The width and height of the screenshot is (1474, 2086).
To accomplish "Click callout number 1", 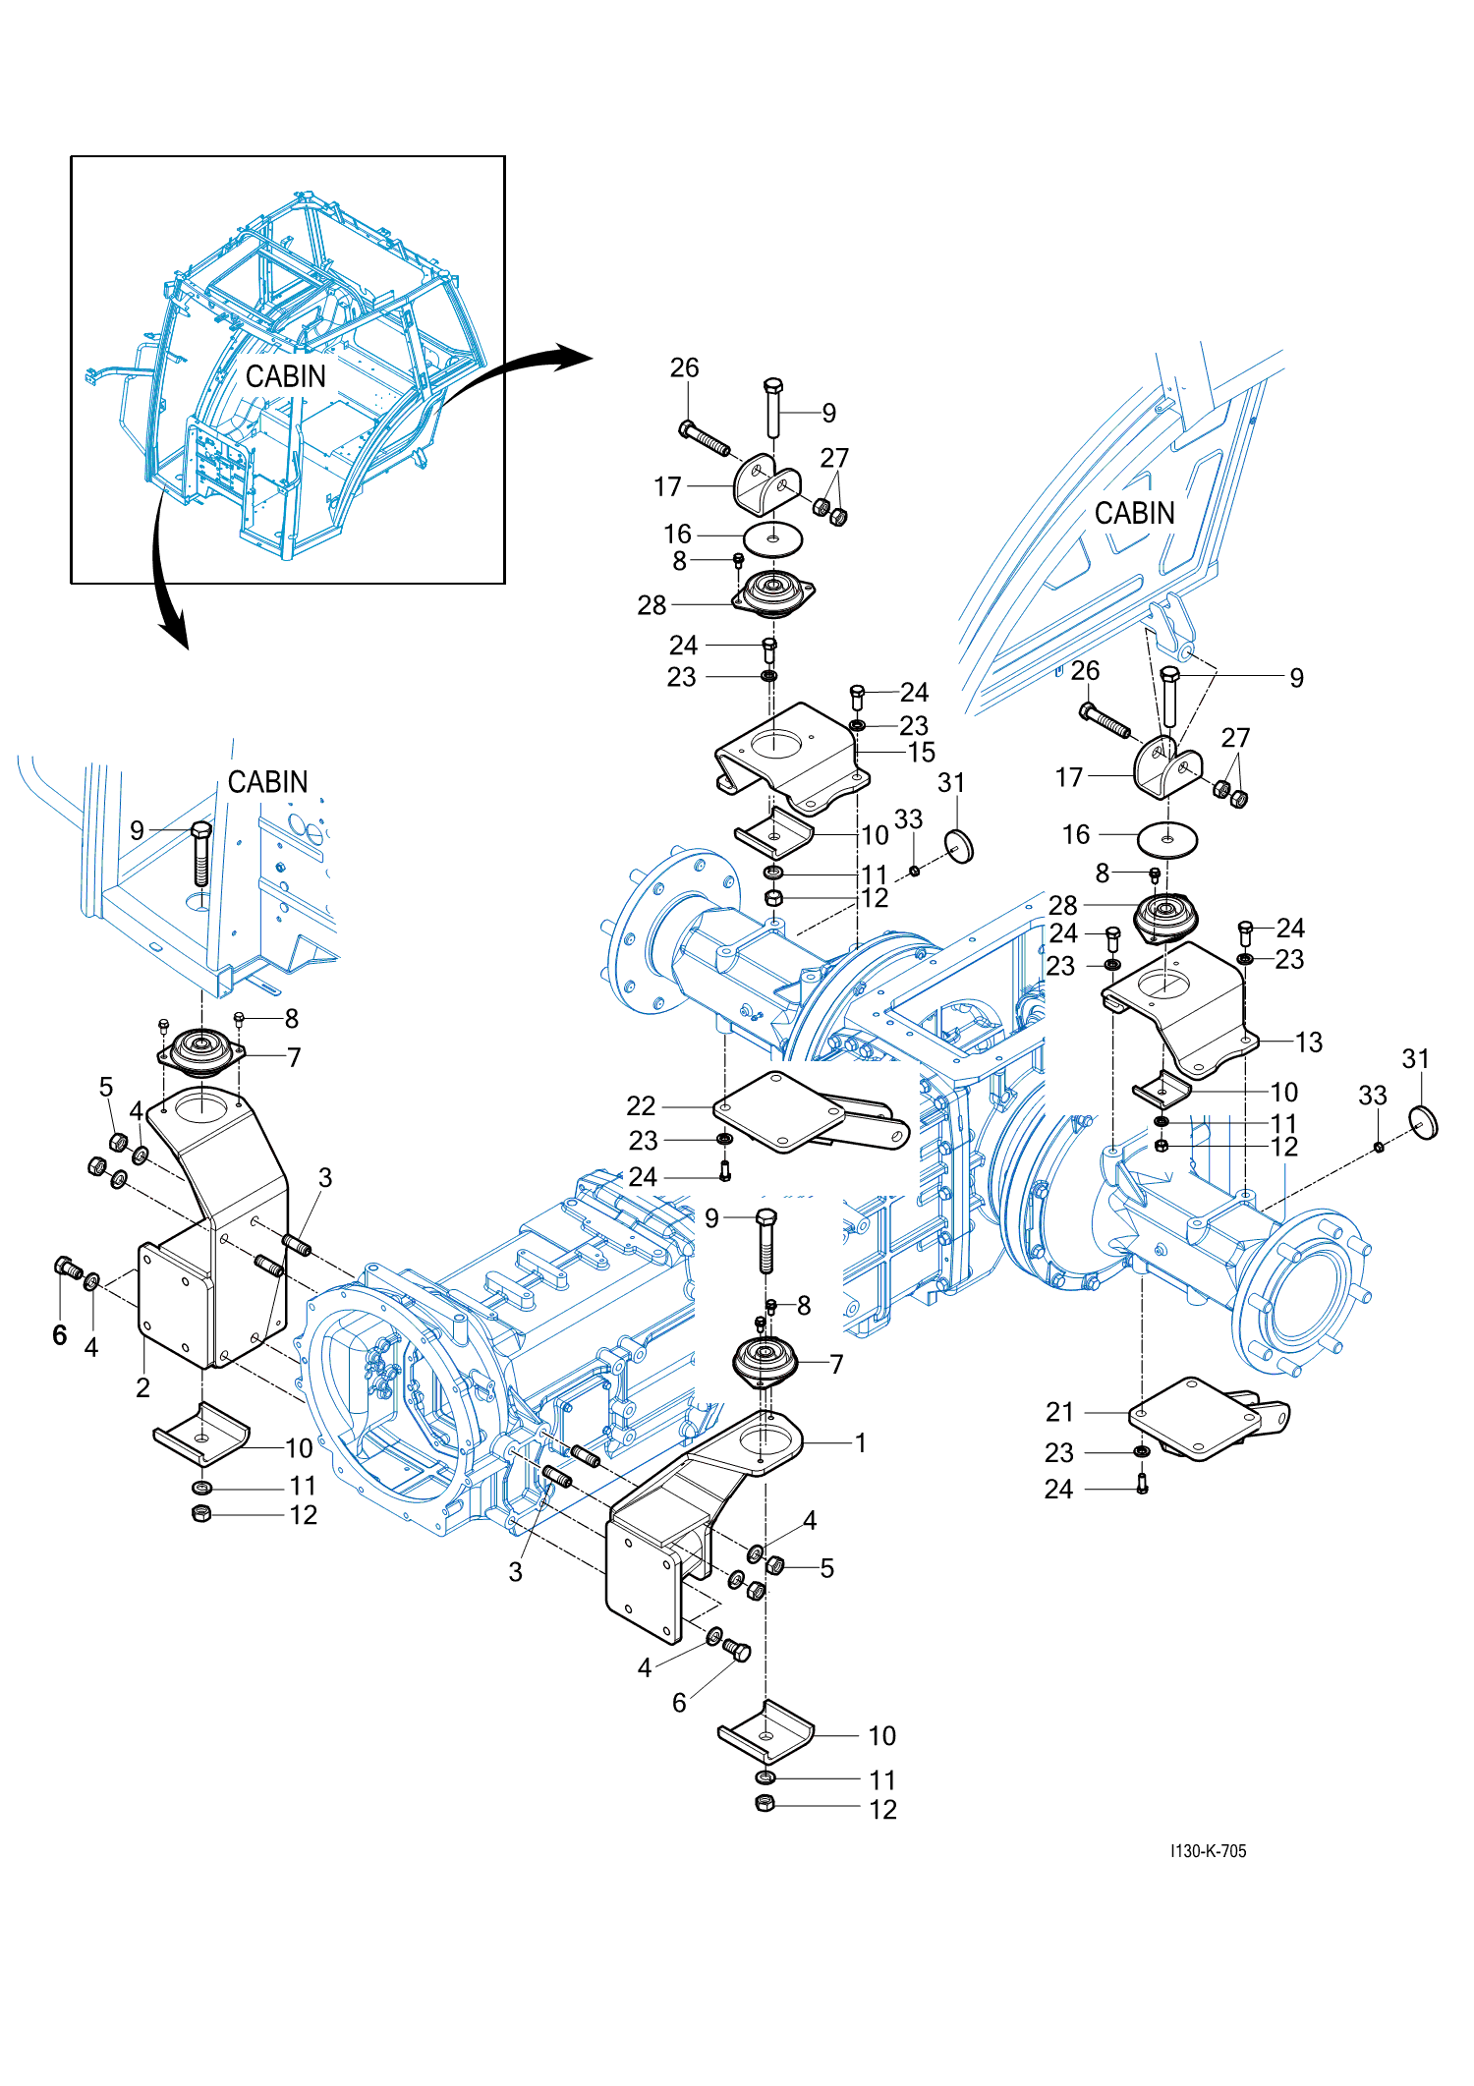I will [x=861, y=1442].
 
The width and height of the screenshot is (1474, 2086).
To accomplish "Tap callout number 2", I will [x=143, y=1387].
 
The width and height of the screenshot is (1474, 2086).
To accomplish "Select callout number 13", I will [x=1309, y=1042].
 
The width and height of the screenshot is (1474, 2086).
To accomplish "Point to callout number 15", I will [x=922, y=753].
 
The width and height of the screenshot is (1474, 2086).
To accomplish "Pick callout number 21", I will [x=1059, y=1412].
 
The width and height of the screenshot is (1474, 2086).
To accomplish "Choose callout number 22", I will [x=641, y=1106].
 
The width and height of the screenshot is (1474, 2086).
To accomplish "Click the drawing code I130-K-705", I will [x=1208, y=1851].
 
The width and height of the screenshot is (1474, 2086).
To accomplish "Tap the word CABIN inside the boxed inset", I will [x=286, y=376].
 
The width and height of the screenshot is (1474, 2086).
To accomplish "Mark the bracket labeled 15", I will [x=786, y=757].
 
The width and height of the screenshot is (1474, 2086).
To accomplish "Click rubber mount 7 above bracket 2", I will [x=201, y=1050].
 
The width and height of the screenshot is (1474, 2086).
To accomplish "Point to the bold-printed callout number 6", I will [x=60, y=1334].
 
